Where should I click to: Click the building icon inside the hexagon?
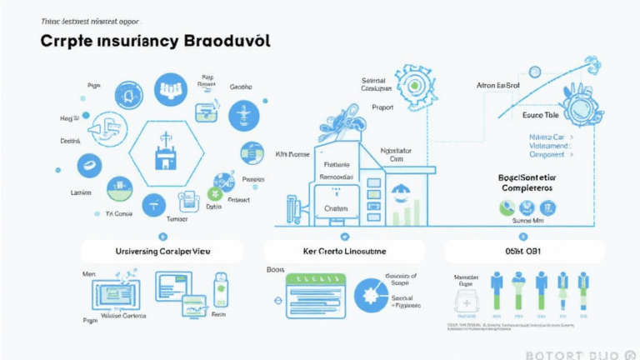[162, 154]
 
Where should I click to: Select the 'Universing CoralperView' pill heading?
[162, 251]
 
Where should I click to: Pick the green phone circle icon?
[506, 208]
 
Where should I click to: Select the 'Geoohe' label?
[241, 86]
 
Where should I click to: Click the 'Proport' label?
[382, 107]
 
